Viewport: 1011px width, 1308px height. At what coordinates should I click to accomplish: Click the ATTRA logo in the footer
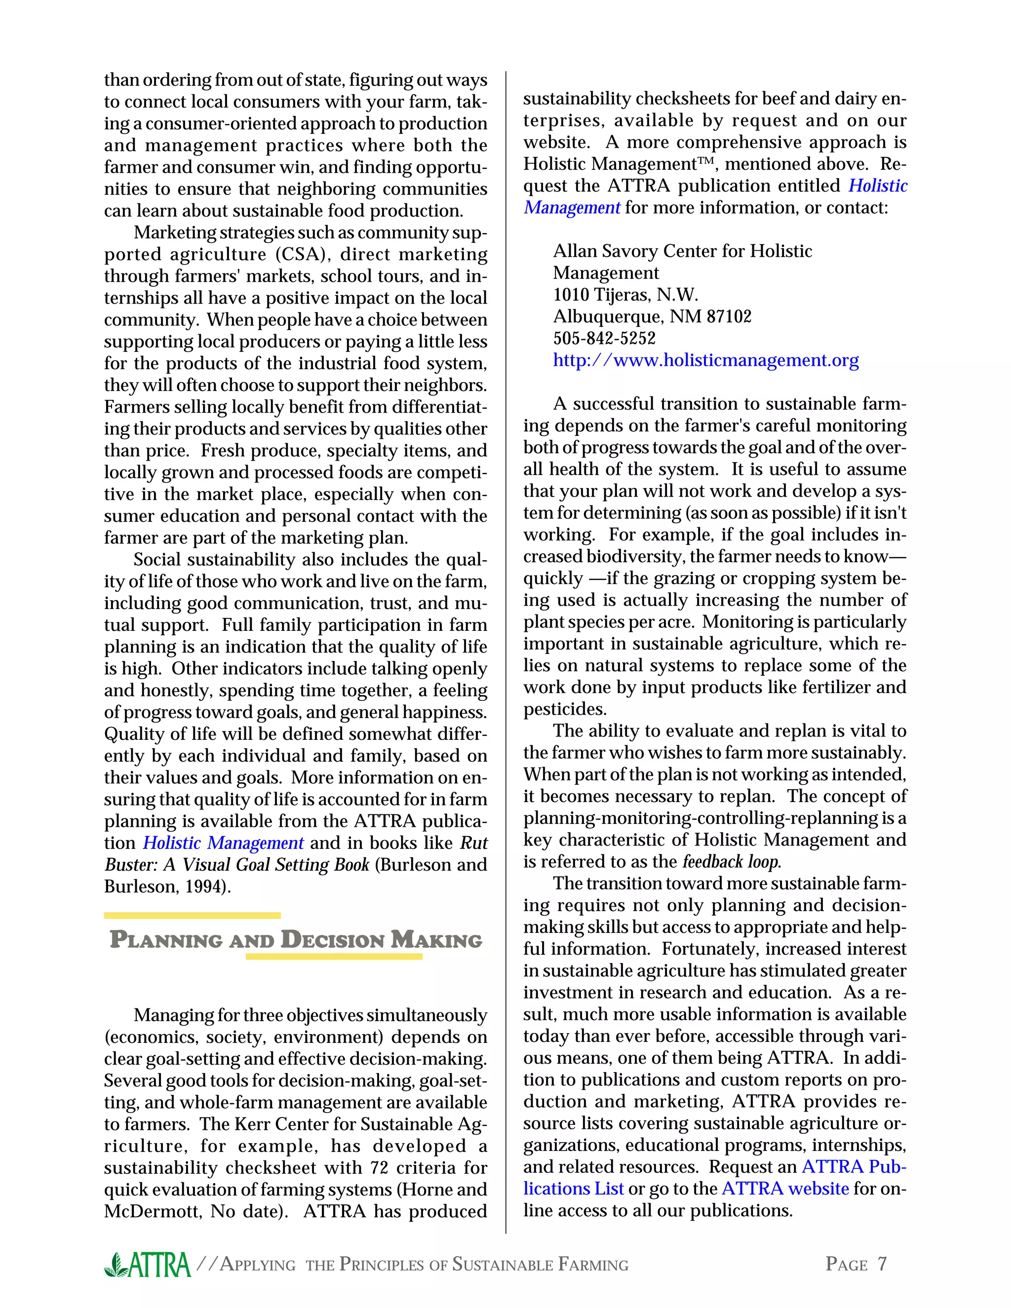click(147, 1264)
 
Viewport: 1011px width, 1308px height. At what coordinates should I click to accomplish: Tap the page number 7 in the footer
click(882, 1264)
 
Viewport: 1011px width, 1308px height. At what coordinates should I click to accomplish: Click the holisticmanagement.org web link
click(705, 360)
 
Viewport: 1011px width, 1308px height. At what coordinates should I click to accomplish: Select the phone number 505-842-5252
click(604, 339)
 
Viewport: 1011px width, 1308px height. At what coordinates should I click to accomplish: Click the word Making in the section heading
click(436, 940)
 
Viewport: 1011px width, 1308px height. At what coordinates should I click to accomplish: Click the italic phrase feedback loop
click(731, 862)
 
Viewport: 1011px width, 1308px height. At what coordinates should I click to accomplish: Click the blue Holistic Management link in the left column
click(223, 843)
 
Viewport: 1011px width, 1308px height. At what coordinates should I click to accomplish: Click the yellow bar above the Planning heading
click(192, 915)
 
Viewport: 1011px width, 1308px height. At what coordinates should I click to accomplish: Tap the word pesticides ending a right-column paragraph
click(565, 709)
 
